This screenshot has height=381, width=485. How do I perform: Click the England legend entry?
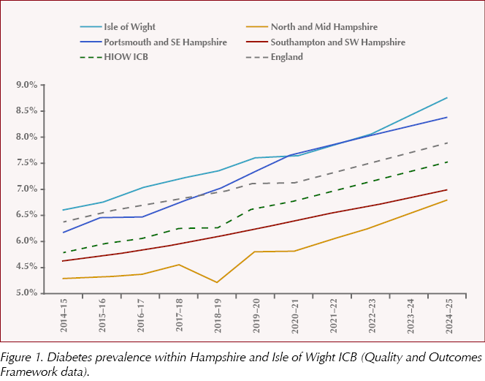[x=286, y=56]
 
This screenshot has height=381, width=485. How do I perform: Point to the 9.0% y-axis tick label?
[x=26, y=86]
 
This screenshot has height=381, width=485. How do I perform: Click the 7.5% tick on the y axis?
[x=26, y=163]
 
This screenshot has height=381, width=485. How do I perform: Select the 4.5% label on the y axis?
[x=26, y=267]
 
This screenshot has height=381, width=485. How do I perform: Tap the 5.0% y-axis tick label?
[x=26, y=293]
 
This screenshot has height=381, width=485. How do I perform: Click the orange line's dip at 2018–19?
[x=217, y=282]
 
